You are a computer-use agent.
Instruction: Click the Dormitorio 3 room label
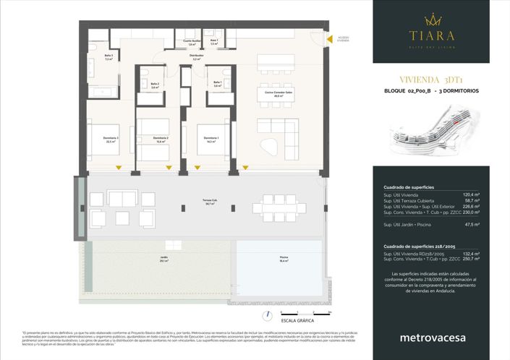(111, 141)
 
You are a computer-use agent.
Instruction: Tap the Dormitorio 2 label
(160, 140)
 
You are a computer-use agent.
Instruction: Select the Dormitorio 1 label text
(211, 140)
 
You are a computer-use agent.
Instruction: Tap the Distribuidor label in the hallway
(195, 56)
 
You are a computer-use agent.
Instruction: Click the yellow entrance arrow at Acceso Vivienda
(327, 41)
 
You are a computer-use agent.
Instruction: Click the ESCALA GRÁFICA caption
(297, 320)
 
